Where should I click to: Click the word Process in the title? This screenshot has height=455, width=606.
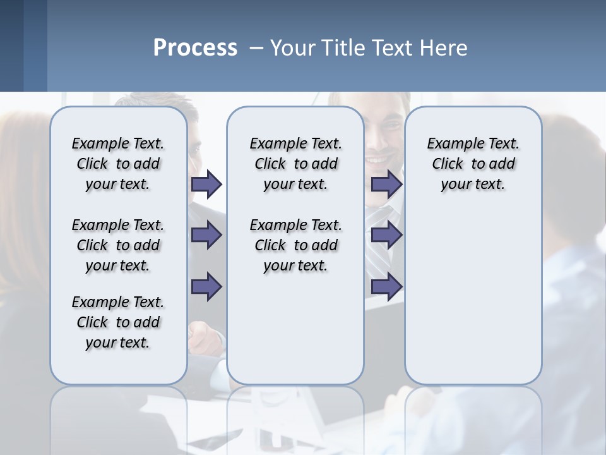195,48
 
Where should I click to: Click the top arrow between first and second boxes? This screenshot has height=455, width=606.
206,185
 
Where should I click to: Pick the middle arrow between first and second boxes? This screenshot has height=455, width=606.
206,236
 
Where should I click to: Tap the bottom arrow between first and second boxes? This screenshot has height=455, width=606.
206,286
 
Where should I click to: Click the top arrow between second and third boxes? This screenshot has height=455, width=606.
386,185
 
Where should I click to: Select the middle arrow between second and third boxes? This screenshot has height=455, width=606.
386,236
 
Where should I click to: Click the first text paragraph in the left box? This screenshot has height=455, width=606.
118,164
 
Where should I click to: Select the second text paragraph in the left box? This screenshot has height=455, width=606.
118,245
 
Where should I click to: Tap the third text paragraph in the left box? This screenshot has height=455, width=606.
118,322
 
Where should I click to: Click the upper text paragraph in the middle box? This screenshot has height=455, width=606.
295,164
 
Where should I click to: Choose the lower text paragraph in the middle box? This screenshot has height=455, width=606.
295,245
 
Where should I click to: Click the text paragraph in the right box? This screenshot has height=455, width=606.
473,164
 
